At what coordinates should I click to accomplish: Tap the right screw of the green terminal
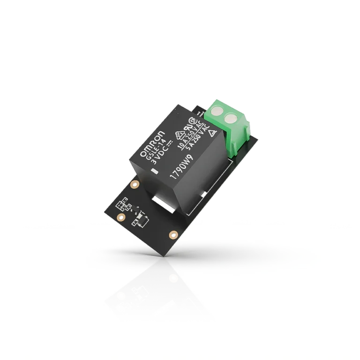pos(231,119)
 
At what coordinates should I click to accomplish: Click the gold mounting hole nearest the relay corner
pos(135,184)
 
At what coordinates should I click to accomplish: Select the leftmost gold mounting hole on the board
pos(121,217)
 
